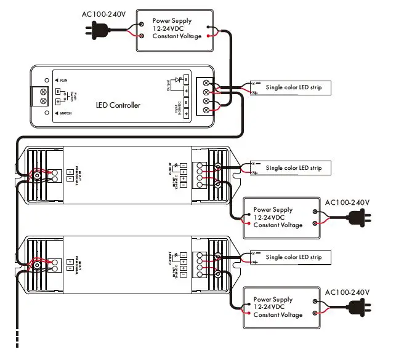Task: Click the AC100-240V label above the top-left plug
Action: (104, 14)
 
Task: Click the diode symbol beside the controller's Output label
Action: (180, 80)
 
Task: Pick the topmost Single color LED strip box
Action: (292, 89)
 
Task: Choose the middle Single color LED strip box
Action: (292, 168)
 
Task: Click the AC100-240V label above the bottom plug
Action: (347, 292)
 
